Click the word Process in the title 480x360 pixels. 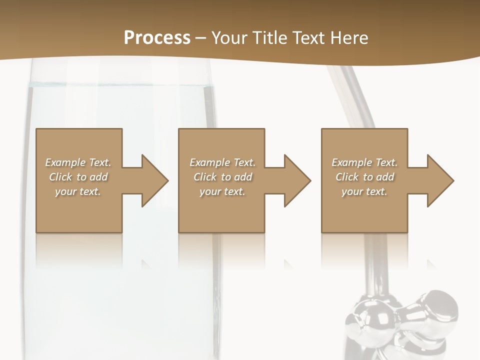pos(157,38)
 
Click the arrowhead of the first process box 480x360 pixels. pos(155,180)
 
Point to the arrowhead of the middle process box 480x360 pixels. pos(297,180)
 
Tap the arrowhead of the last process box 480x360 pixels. pos(440,180)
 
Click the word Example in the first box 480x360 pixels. pos(65,162)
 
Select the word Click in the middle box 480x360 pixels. pos(205,177)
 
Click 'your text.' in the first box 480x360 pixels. pos(78,191)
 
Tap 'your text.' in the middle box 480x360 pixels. pos(222,191)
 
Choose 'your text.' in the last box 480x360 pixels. pos(364,191)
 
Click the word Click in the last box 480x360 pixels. pos(347,177)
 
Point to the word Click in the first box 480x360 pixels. pos(60,177)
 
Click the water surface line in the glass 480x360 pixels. pos(120,86)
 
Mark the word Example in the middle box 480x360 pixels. pos(210,162)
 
